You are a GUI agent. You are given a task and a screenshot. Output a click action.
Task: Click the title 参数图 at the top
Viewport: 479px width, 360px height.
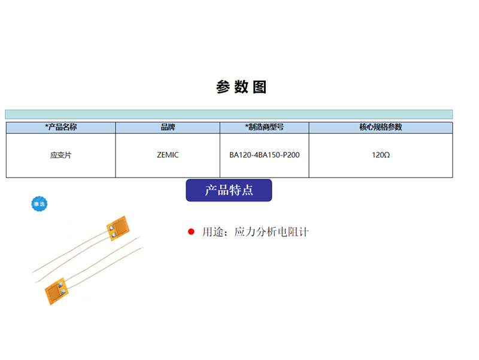click(x=241, y=87)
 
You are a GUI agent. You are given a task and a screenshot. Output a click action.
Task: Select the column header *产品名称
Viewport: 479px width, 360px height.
click(x=61, y=127)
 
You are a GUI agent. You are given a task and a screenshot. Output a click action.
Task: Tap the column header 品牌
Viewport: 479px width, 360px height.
click(x=168, y=127)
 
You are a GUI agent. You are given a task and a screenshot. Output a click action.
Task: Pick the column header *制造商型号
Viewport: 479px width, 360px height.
click(x=264, y=127)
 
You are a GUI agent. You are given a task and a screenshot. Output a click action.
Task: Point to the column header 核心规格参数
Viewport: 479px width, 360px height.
click(x=381, y=127)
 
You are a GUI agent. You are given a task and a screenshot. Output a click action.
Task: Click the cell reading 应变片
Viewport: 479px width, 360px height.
click(x=61, y=155)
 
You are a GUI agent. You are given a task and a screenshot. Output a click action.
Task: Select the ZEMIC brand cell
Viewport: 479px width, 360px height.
click(x=168, y=155)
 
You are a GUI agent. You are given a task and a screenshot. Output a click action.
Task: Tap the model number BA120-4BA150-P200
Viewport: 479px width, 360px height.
click(x=264, y=155)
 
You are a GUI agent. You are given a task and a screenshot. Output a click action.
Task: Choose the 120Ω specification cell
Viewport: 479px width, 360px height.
click(x=381, y=155)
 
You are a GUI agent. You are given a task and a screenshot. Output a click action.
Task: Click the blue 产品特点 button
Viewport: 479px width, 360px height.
click(x=229, y=190)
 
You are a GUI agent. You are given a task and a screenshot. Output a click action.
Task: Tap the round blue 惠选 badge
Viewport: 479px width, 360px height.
click(x=40, y=204)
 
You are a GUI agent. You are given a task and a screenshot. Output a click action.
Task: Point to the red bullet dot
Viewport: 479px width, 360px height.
click(x=191, y=232)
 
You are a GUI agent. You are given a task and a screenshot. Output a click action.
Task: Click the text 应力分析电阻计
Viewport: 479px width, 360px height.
click(x=271, y=232)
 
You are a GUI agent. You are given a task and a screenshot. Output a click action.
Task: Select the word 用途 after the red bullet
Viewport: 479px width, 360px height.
click(x=213, y=232)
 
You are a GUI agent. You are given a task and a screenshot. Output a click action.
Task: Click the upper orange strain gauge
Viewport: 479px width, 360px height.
click(x=118, y=228)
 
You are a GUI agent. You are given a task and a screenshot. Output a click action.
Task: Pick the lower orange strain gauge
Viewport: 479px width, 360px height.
click(x=56, y=291)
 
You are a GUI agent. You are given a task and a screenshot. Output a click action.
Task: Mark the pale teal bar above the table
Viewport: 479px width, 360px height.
click(x=229, y=114)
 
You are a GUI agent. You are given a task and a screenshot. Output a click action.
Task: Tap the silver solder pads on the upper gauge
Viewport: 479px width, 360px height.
click(x=112, y=231)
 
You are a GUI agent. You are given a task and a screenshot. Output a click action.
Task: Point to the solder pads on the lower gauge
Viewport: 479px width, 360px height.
click(x=62, y=288)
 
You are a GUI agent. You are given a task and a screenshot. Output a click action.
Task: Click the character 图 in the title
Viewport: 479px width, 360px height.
click(x=260, y=87)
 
